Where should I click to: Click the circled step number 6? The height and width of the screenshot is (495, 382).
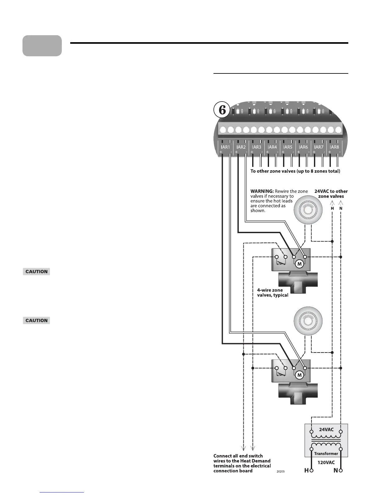(x=222, y=110)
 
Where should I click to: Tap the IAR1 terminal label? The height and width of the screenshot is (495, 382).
(x=225, y=147)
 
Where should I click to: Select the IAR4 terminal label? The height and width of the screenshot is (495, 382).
(x=272, y=147)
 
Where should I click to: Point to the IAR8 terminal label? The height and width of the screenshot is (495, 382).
(x=334, y=147)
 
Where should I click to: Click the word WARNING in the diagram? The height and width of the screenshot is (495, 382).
(x=262, y=191)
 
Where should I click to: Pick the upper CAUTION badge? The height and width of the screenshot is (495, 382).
(x=37, y=272)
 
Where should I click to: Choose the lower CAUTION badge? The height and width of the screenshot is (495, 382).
(x=37, y=320)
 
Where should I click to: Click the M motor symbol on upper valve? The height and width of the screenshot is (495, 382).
(x=300, y=264)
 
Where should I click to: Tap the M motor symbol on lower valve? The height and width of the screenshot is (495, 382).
(x=299, y=375)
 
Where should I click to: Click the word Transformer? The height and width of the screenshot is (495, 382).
(x=326, y=453)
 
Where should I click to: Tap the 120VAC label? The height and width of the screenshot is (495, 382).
(x=326, y=462)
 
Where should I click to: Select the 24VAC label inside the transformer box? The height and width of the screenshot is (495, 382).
(x=326, y=429)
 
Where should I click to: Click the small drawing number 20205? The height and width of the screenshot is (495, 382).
(x=281, y=471)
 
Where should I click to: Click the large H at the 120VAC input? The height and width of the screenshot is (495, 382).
(x=306, y=471)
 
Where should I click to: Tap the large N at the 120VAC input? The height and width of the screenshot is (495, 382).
(x=335, y=471)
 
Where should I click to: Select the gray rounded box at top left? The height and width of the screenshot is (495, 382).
(x=42, y=46)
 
